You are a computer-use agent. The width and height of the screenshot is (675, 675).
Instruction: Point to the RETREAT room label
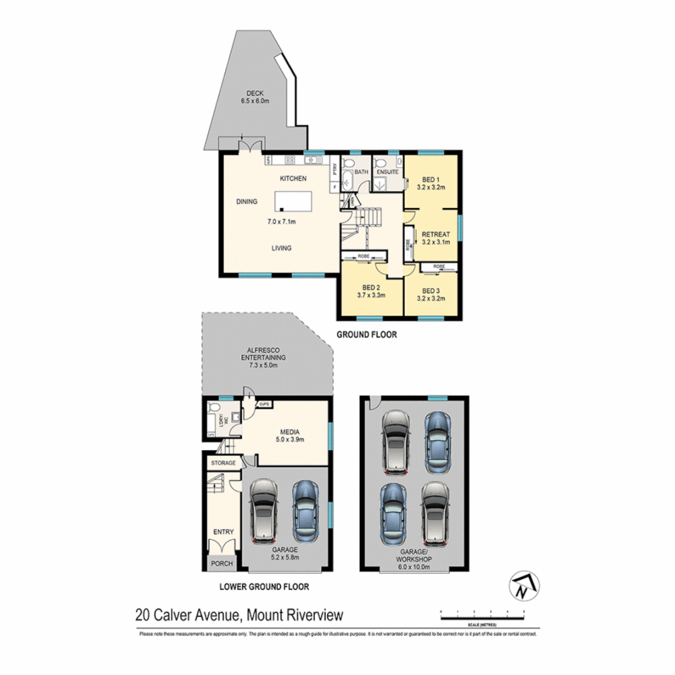point(435,233)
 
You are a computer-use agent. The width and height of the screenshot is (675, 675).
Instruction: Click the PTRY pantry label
point(335,168)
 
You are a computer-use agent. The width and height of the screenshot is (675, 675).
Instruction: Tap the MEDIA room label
point(289,431)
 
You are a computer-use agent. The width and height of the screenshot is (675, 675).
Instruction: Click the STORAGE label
point(223,463)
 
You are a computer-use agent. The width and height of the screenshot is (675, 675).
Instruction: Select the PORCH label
point(222,564)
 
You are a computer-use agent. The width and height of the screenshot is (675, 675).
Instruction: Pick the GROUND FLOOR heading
point(367,335)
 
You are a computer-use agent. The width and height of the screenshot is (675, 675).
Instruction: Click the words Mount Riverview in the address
point(294,616)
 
